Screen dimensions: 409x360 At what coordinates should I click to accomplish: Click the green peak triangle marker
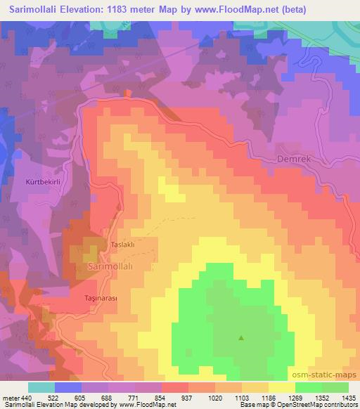click(x=242, y=338)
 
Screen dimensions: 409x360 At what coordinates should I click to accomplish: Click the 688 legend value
click(x=107, y=398)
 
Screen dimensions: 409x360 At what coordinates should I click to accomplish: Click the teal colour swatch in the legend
click(x=41, y=387)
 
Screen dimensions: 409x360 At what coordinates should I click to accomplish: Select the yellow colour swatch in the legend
click(x=281, y=387)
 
